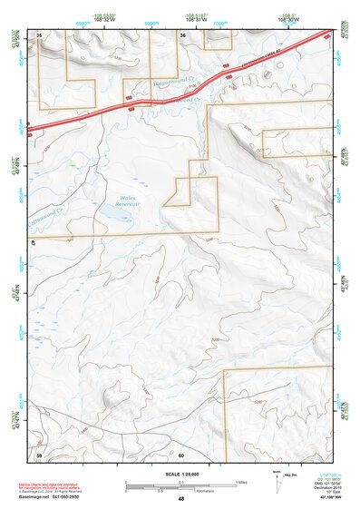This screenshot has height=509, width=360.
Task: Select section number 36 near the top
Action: pos(182,34)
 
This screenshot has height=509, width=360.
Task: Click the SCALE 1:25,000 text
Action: pos(180,475)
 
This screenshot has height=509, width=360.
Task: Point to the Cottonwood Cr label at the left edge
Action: pos(44,212)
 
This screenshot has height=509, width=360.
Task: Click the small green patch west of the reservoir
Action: pos(71,163)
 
